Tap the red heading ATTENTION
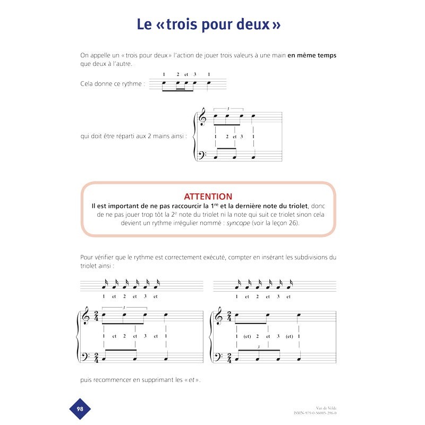(x=208, y=197)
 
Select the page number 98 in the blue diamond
(x=80, y=409)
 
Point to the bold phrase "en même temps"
(x=312, y=55)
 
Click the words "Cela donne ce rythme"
(x=112, y=84)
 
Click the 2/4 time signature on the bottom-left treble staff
(x=96, y=318)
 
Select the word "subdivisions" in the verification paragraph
(x=311, y=257)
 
